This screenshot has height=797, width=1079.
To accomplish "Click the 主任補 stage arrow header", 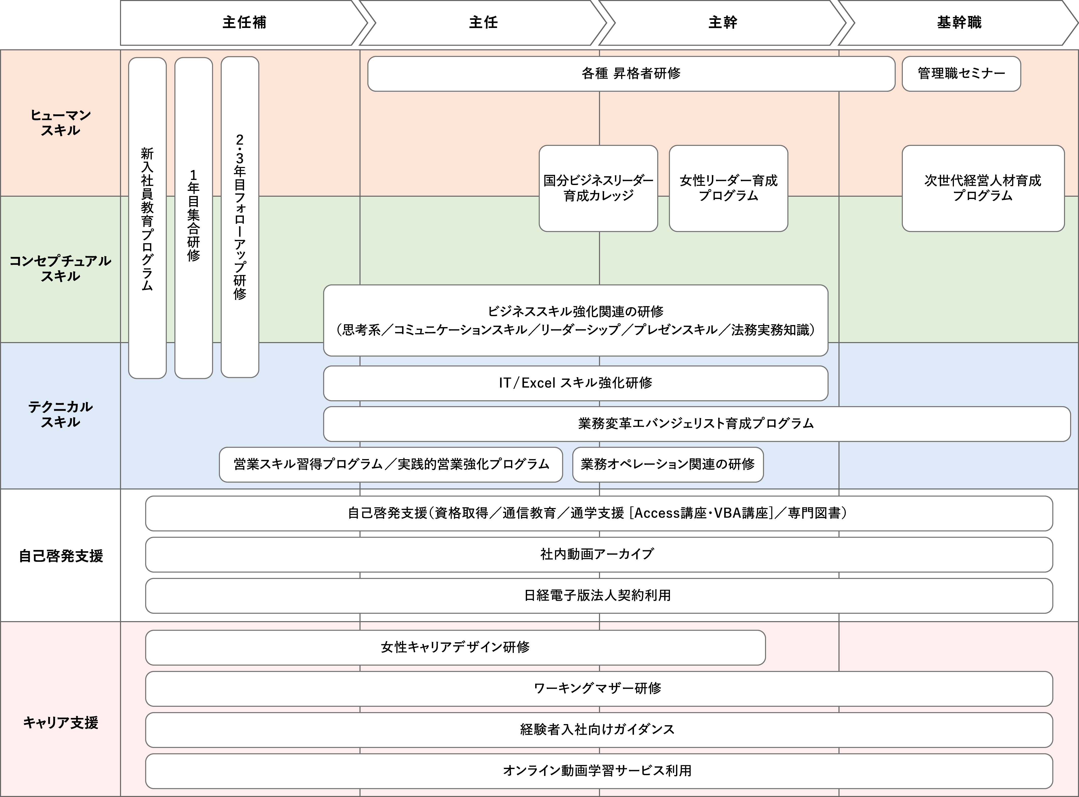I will tap(244, 23).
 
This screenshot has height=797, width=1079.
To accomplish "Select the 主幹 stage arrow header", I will tap(722, 23).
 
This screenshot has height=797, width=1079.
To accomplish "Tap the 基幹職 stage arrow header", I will tap(959, 23).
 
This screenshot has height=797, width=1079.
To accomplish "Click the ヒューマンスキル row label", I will tap(60, 122).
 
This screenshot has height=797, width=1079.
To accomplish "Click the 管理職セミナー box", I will tap(961, 73).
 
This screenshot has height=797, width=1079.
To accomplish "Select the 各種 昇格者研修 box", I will tap(631, 73).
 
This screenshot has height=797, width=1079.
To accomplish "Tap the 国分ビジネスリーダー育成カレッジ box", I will tap(598, 188).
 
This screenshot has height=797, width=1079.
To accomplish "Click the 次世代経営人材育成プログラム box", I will tap(983, 188).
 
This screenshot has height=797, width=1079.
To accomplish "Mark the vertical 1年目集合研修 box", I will tap(193, 217).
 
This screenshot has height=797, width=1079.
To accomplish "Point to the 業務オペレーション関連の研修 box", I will tap(668, 464).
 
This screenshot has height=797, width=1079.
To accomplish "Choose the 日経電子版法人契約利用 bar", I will tap(598, 595).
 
